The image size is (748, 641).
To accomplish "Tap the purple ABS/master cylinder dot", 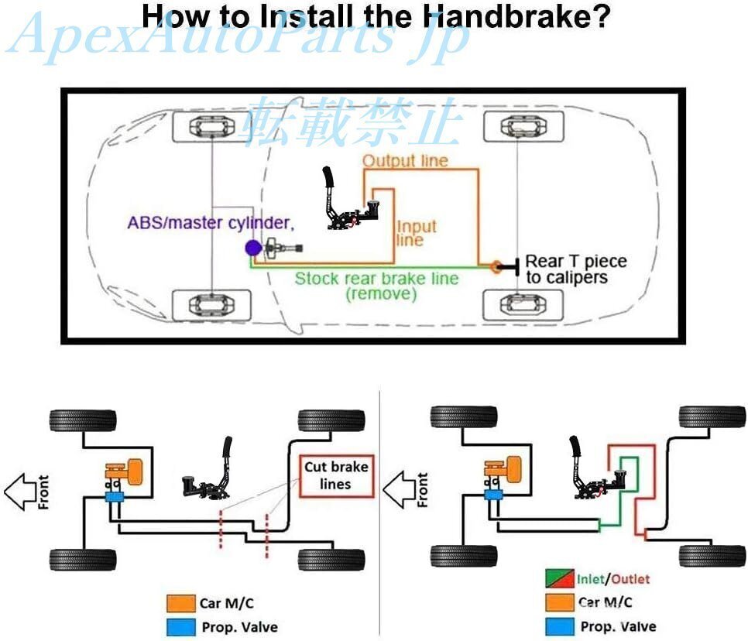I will (x=252, y=249).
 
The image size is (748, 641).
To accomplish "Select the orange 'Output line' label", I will (x=405, y=161).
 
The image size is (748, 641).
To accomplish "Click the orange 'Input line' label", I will (x=417, y=233).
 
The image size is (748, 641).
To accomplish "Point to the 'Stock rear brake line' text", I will (x=376, y=279).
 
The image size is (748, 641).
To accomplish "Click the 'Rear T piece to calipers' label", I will (x=575, y=269).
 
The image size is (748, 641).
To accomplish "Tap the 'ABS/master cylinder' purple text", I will (x=211, y=224).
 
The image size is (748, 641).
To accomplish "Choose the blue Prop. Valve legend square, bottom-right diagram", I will (x=555, y=626).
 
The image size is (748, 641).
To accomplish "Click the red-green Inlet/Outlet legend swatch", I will (x=555, y=578).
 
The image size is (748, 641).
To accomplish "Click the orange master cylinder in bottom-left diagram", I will (x=126, y=472).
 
